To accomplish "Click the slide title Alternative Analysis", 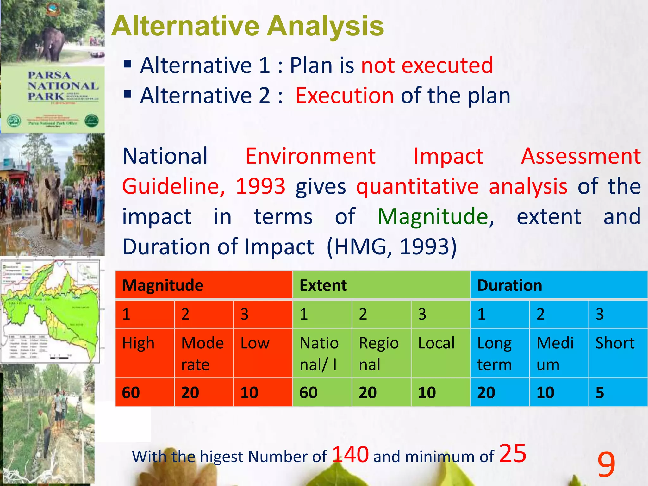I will point(247,26).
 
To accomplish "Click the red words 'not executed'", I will point(427,65).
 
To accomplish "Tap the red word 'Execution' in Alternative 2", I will point(345,96).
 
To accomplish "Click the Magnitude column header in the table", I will point(163,285).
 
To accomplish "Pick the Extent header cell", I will point(323,285).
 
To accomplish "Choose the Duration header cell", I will point(509,285).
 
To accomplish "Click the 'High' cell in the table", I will point(138,344).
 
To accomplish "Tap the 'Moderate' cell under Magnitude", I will point(202,353).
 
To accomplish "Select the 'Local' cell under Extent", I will point(436,344).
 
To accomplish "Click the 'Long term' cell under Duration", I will point(495,353).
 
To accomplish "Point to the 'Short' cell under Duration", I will point(615,344).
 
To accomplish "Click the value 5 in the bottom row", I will point(600,393).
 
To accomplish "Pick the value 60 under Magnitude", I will point(131,393).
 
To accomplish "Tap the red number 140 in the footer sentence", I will point(350,455).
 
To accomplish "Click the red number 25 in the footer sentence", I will point(513,453).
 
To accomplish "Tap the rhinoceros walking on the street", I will point(51,202).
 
